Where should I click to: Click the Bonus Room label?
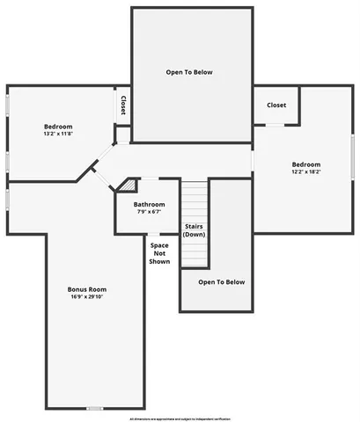(x=87, y=289)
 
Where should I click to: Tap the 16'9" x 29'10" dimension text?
(x=87, y=297)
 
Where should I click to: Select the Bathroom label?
(x=149, y=205)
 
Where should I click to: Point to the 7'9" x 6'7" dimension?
(x=149, y=212)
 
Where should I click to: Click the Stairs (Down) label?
(x=195, y=230)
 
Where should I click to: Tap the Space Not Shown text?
(x=159, y=253)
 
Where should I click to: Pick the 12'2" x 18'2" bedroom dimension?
(x=306, y=171)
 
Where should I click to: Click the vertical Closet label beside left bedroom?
(x=122, y=105)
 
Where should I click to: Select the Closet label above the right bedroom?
(x=276, y=105)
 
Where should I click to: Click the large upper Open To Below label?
(x=190, y=72)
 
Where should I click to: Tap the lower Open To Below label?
(x=221, y=282)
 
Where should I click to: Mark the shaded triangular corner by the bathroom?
(x=129, y=186)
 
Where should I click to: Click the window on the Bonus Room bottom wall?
(x=94, y=408)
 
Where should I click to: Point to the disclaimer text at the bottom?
(x=180, y=419)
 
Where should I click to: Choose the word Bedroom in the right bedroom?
(x=306, y=164)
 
